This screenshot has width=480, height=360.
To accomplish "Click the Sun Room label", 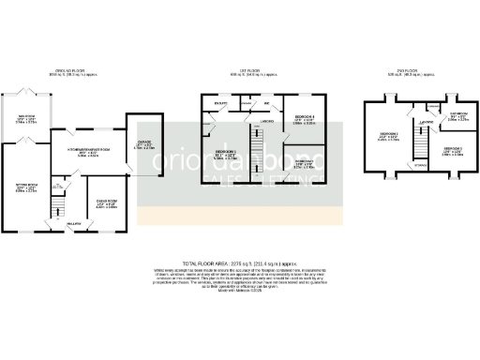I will pos(25,118).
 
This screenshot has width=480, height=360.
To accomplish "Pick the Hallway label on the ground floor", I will pos(73,224).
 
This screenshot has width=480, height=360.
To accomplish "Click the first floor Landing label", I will pos(266,122).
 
